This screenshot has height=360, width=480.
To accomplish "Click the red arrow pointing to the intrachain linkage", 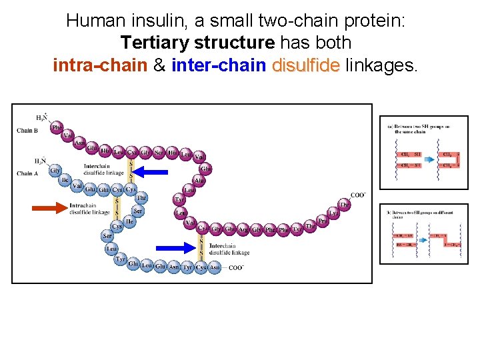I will (50, 208).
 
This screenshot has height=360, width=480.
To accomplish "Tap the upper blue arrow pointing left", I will (154, 172).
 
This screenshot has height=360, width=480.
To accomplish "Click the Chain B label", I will (27, 131).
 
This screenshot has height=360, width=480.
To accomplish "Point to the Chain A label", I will (27, 174).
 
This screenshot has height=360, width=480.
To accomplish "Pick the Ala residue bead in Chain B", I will (199, 180).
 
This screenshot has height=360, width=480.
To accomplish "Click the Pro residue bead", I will (323, 220).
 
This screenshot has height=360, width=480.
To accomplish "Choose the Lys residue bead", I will (334, 213).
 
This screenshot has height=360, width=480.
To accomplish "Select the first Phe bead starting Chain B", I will (57, 126).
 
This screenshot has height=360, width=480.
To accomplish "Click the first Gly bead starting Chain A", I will (55, 171).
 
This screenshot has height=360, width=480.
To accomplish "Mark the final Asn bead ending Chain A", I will (215, 268).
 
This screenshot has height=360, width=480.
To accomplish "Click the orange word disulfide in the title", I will (306, 66).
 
